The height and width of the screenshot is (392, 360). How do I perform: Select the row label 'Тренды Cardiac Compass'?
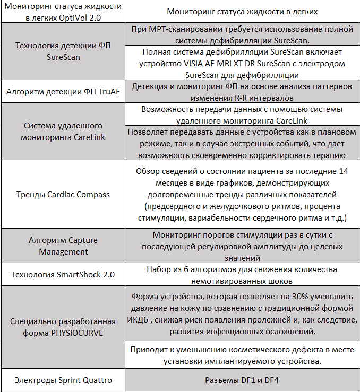(63, 194)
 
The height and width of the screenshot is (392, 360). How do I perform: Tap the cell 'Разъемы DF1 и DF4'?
(242, 380)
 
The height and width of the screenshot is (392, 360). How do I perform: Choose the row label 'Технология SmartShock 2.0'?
(63, 275)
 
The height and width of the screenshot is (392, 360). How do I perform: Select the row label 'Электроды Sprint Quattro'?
(63, 380)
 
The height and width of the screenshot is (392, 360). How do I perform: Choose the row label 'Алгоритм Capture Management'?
(63, 246)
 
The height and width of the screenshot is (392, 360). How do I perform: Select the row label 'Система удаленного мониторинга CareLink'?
(63, 132)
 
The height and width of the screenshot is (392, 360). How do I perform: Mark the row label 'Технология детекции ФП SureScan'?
(63, 51)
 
